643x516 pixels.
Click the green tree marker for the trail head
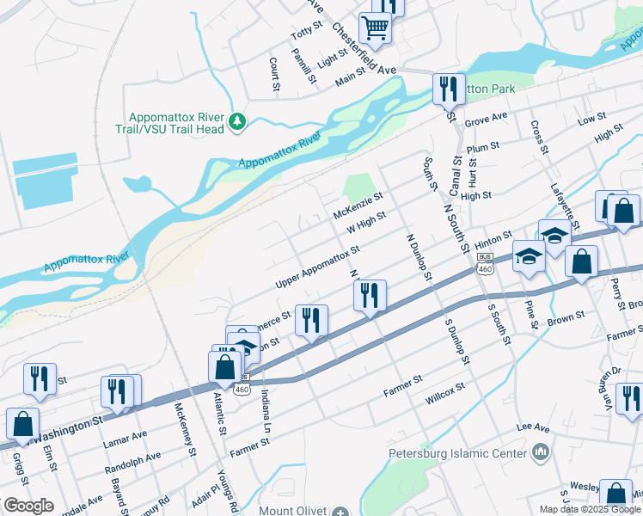[x=238, y=124]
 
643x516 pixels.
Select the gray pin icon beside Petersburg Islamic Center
[x=540, y=451]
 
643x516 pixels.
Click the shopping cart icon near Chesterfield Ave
[x=376, y=28]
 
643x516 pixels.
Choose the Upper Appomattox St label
[x=317, y=267]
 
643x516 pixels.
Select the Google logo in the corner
[x=28, y=506]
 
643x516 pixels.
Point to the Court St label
[x=274, y=75]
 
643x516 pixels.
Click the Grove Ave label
[x=487, y=119]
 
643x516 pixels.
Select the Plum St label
[x=482, y=147]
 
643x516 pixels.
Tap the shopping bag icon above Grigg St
[x=22, y=422]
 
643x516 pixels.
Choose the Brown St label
[x=566, y=318]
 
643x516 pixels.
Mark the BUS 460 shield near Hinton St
[x=486, y=263]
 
